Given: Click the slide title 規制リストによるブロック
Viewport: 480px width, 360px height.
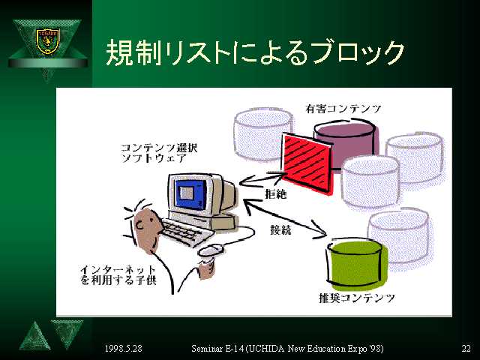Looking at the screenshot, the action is tap(255, 52).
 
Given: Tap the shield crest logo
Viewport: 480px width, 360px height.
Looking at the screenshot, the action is tap(47, 41).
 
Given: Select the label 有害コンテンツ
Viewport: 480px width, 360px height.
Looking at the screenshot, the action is tap(343, 109).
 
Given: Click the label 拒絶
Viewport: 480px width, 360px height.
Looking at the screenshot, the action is tap(276, 193).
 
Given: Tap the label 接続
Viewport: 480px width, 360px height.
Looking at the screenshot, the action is tap(280, 229).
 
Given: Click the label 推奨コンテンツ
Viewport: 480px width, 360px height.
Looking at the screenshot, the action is tap(357, 298).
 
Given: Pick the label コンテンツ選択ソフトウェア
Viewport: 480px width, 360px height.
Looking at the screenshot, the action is tap(159, 153).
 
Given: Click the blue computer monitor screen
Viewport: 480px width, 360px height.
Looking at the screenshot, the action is tap(190, 193).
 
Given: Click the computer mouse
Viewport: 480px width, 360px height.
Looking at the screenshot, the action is tap(211, 250).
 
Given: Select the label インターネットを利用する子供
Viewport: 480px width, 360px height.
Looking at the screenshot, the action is tap(118, 275).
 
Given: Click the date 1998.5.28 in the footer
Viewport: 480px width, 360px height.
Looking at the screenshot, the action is tap(123, 348).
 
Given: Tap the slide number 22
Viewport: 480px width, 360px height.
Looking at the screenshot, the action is tap(466, 348).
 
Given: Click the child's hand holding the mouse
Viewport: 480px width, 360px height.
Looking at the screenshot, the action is tap(207, 268).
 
